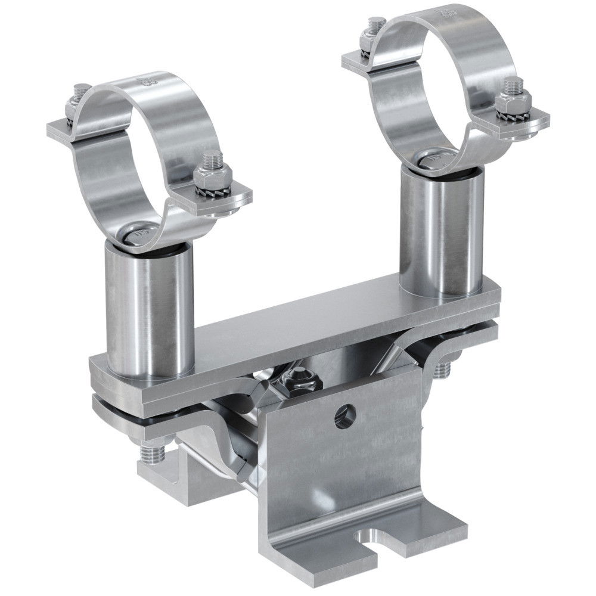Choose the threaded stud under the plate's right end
click(442, 369)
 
